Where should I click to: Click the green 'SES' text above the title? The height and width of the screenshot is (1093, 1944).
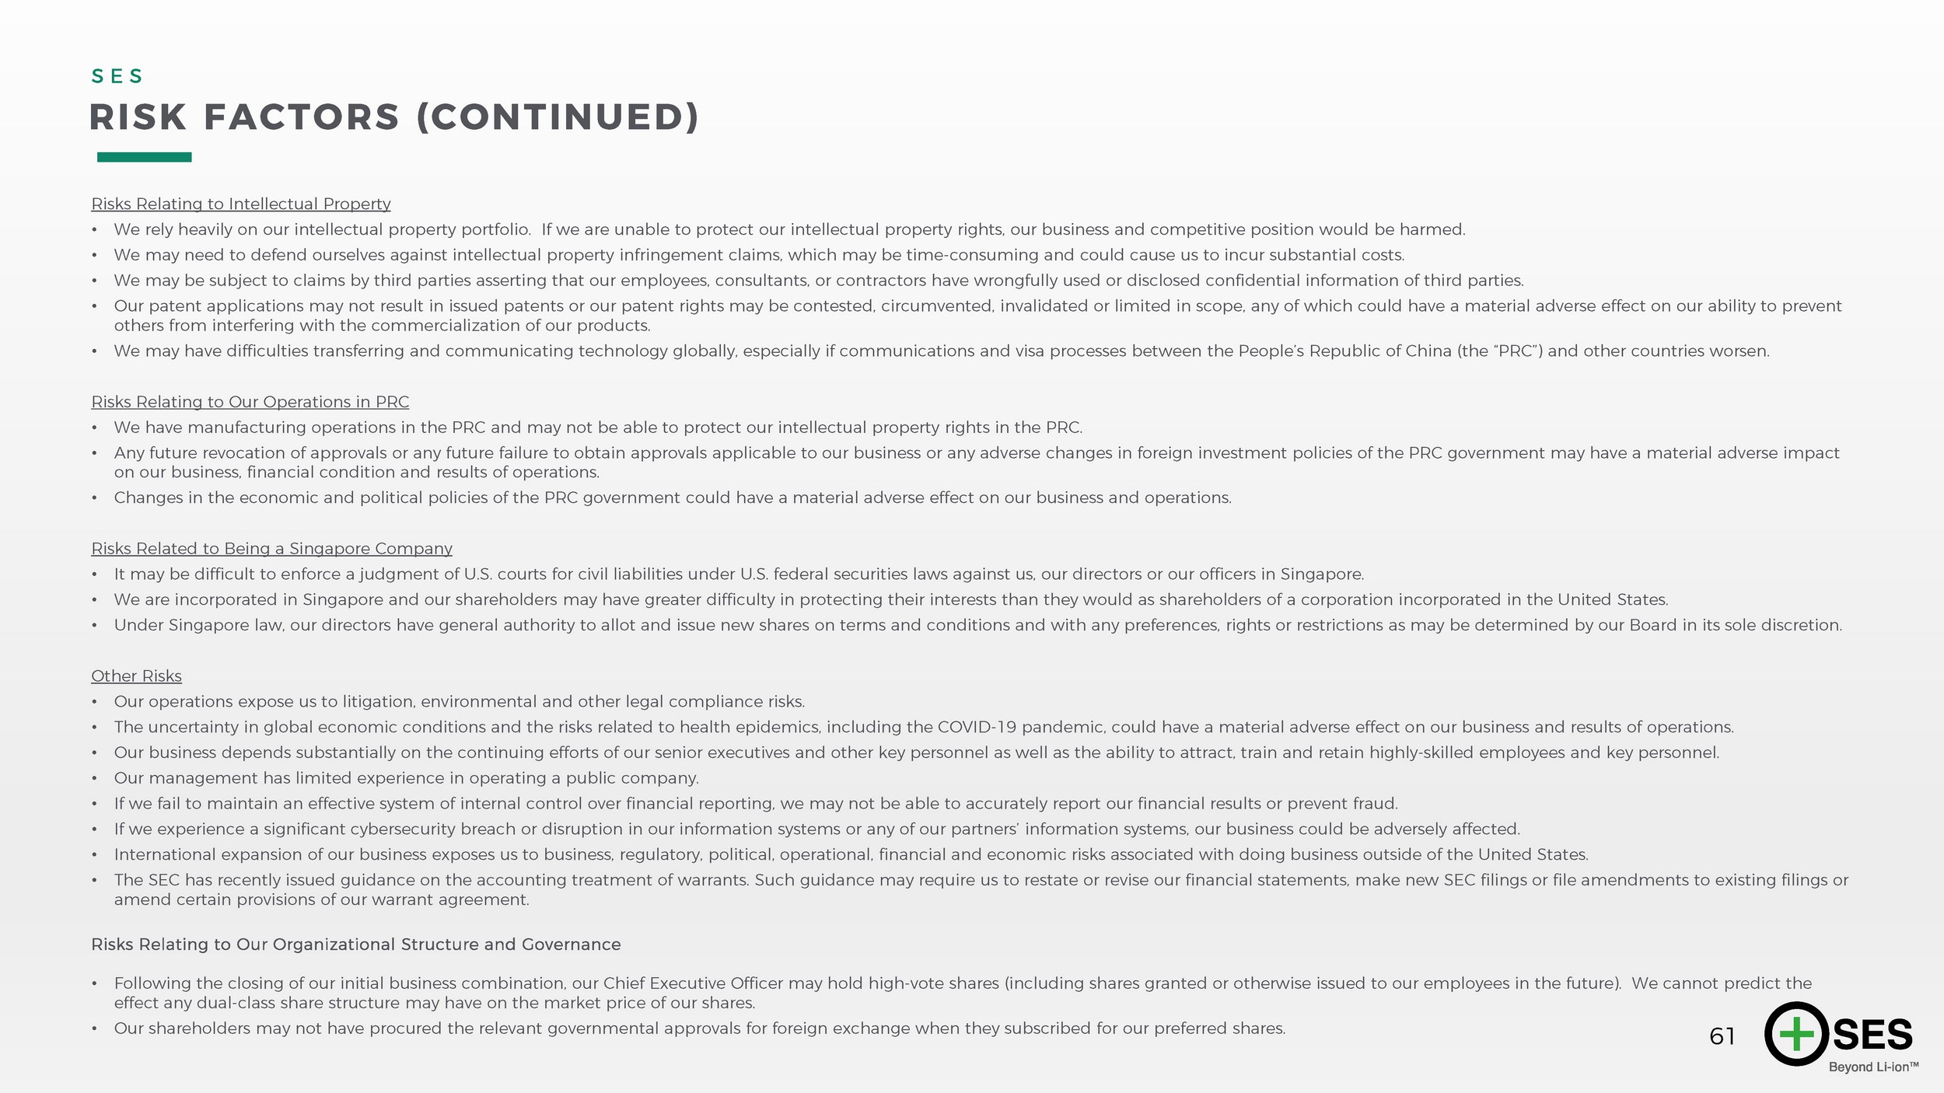117,76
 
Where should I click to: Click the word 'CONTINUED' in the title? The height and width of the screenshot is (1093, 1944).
558,118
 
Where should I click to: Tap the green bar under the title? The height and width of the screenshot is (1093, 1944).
144,157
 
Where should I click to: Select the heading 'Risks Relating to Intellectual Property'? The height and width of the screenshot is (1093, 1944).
241,204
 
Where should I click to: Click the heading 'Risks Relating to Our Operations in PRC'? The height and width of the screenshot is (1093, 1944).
250,402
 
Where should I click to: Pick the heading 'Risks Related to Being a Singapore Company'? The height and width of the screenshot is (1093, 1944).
271,549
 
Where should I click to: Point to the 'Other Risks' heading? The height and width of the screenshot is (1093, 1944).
136,676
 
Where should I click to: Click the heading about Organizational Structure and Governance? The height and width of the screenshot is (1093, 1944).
355,945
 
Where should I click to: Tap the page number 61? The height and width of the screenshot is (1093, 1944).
1722,1036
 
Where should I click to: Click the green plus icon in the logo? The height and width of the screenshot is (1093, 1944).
1795,1034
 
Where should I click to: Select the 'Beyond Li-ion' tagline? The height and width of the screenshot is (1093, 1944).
1872,1067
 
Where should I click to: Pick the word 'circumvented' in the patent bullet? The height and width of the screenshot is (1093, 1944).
937,306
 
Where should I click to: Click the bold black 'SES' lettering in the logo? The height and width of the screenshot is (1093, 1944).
1872,1035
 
